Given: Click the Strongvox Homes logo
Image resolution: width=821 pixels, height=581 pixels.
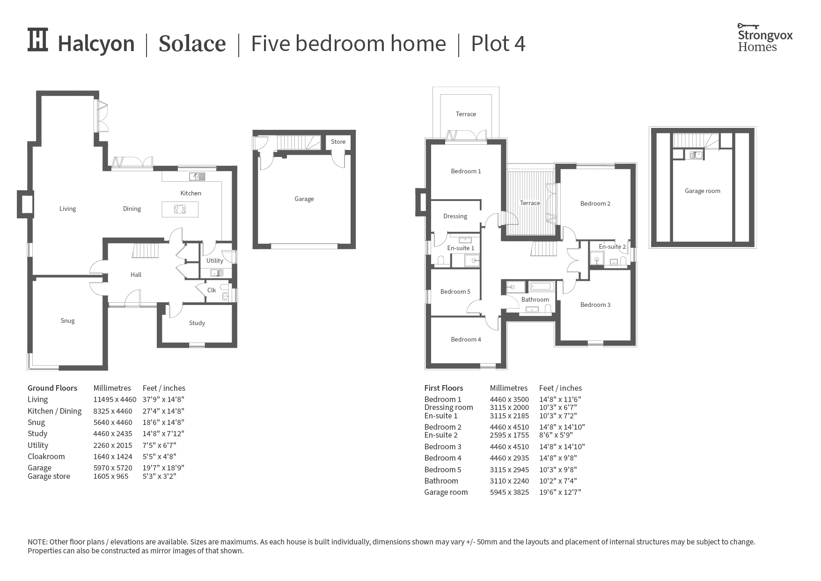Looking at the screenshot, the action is tap(765, 37).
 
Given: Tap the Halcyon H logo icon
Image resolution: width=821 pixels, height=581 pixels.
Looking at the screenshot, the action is tap(38, 40).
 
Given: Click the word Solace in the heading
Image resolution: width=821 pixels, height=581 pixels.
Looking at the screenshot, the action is tap(192, 44).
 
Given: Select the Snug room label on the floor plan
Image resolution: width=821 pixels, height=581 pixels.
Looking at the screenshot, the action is tap(67, 320).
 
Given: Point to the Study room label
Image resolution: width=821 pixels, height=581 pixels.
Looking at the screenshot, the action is tap(197, 323).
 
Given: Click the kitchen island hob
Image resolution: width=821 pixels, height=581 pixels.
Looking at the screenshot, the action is tap(180, 209).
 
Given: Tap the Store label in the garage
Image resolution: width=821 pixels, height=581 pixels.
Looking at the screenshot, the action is tap(338, 142).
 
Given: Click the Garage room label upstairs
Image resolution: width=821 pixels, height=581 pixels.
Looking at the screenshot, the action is tap(703, 191).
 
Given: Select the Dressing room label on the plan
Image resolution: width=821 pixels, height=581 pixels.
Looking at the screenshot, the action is tap(455, 216).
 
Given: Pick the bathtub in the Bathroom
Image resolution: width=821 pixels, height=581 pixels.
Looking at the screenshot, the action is tap(542, 287).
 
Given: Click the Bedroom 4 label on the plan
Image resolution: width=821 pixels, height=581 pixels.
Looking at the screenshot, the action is tap(466, 339).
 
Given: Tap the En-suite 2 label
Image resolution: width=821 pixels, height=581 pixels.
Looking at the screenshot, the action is tap(612, 246).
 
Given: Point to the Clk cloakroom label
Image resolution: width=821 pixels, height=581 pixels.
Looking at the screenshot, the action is tap(212, 290).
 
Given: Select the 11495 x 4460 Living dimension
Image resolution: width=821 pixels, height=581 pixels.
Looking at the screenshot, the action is tap(115, 400).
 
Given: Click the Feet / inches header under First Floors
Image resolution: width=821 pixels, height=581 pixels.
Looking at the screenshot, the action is tap(560, 388).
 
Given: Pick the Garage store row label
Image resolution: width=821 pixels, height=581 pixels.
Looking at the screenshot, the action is tap(49, 477).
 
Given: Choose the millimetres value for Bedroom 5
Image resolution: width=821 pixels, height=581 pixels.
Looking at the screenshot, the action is tap(509, 469).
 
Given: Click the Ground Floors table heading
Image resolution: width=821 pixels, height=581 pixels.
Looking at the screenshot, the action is tap(52, 388).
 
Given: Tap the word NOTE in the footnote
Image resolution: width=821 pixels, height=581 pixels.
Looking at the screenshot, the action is tap(37, 542).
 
